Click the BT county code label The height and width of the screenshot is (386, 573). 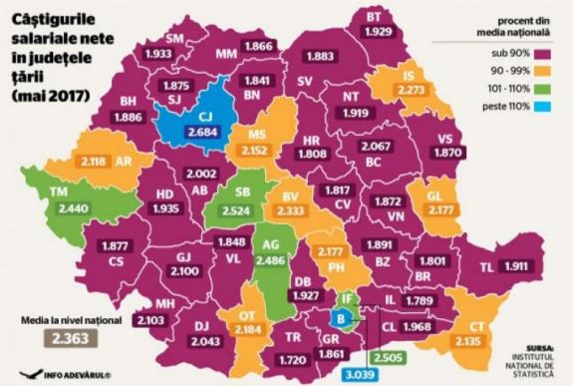click(374, 17)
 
